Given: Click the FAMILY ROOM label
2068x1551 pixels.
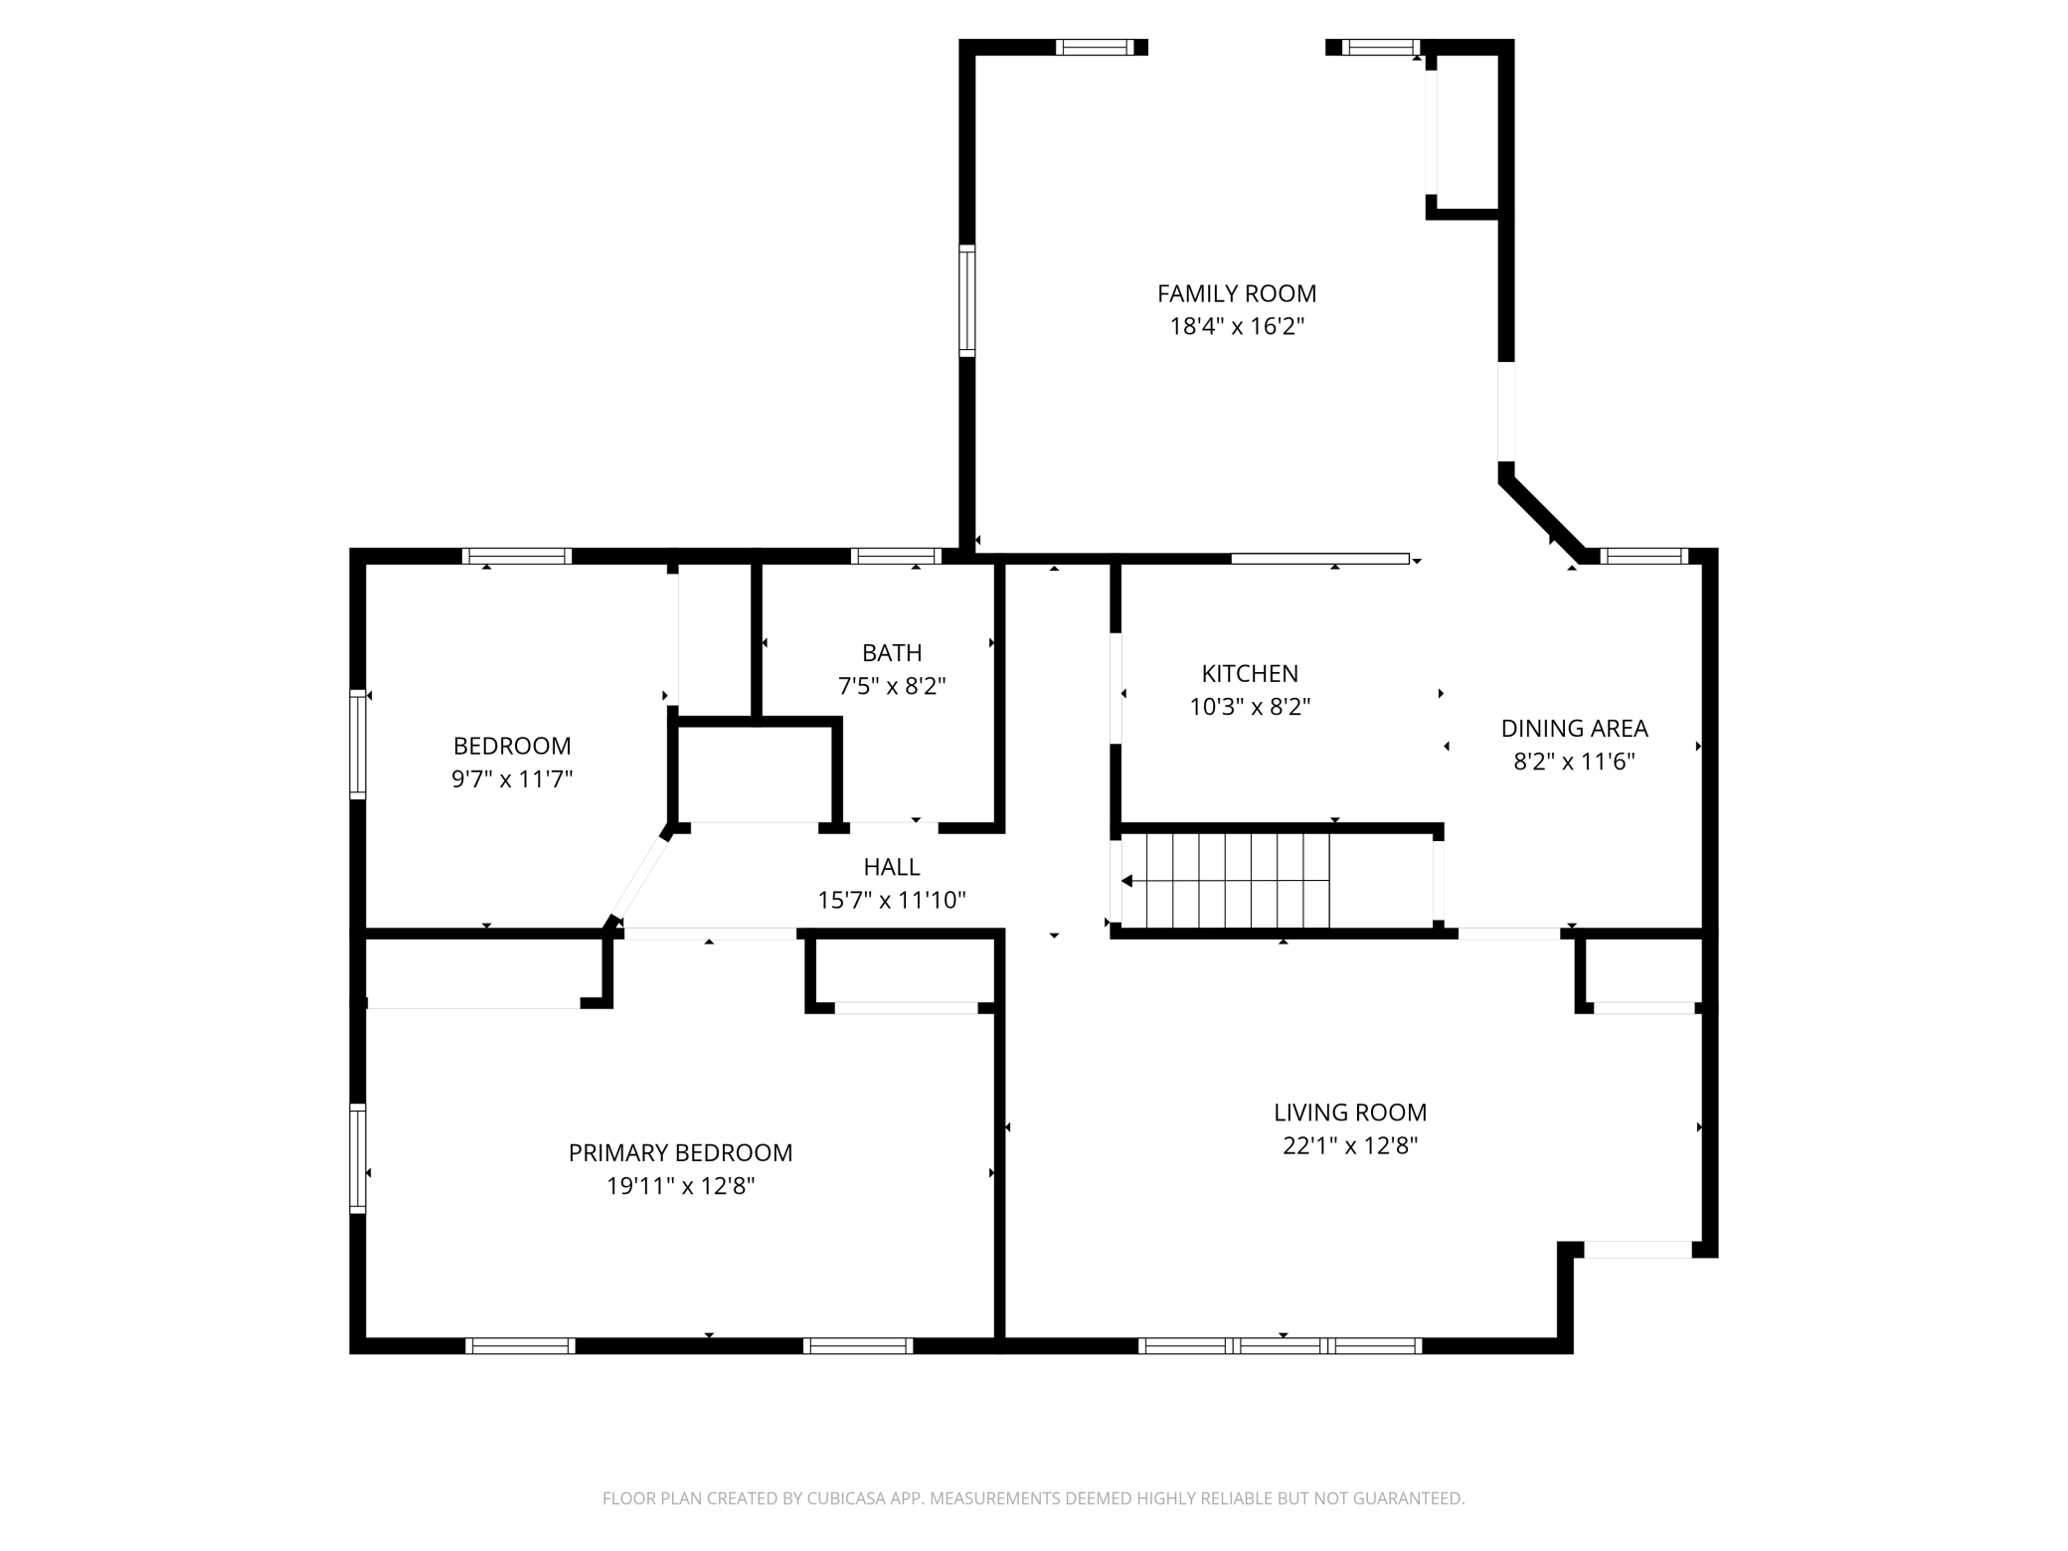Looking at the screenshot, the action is [1236, 293].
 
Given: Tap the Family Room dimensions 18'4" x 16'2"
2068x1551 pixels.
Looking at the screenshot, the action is [1236, 326].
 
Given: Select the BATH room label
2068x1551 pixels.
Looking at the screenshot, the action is [892, 652].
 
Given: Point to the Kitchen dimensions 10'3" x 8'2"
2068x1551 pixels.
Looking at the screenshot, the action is [1250, 707].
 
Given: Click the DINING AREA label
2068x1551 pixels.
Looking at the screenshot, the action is [1574, 729].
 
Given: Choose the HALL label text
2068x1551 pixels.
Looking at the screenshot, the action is [892, 867].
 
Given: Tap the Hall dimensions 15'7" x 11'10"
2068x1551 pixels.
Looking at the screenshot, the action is [892, 900].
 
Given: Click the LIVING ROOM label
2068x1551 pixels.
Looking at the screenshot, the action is [1350, 1113].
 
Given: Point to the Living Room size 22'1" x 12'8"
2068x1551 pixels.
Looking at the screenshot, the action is [1350, 1145].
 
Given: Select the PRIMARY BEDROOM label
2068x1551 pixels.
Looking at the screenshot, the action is [680, 1153].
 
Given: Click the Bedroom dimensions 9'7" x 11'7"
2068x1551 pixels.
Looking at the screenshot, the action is [512, 778].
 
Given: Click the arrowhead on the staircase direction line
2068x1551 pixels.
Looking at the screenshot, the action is [1126, 881].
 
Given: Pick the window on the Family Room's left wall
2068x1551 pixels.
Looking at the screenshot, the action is [966, 299].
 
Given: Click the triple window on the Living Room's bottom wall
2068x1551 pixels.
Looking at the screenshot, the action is [1280, 1346].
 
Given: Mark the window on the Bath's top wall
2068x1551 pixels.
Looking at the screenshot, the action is [896, 556].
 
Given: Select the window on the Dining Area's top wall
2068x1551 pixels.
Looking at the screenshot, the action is [1644, 556].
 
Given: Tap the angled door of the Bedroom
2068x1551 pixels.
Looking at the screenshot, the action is [639, 878].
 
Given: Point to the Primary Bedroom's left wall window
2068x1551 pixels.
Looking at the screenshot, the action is [358, 1158].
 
